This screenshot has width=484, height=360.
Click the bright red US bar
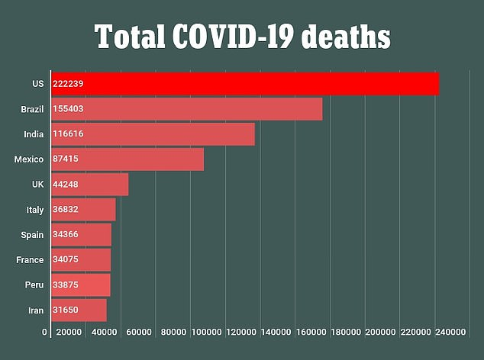[x=244, y=84]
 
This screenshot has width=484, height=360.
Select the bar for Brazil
[x=187, y=109]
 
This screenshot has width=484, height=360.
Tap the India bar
[x=153, y=134]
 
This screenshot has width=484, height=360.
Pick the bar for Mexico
[x=127, y=159]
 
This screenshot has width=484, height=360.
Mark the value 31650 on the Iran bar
[x=66, y=310]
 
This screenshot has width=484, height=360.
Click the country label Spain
[x=32, y=235]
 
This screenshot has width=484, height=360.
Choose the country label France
[x=30, y=260]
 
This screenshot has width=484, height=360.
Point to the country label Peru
[x=34, y=285]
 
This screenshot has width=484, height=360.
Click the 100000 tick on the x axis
[x=207, y=333]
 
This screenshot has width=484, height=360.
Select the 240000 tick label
[x=450, y=333]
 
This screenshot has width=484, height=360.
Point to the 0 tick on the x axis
[x=45, y=333]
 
